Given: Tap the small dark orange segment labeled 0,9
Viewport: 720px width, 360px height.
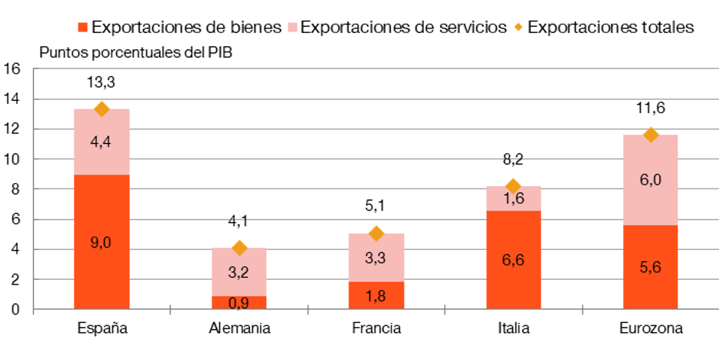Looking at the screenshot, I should (239, 302).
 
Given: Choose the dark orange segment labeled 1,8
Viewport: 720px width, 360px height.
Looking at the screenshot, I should (376, 295).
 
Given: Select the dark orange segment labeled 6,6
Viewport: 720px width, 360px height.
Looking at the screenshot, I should (513, 259).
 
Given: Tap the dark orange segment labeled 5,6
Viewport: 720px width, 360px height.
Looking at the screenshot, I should (651, 267).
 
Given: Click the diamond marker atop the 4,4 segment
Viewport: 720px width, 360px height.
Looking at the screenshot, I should (102, 108).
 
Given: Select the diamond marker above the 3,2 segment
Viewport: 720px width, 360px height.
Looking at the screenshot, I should (239, 247).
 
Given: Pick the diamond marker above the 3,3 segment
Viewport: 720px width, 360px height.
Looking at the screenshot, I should (376, 232).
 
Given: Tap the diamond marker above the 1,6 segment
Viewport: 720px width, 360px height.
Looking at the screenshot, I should (513, 185).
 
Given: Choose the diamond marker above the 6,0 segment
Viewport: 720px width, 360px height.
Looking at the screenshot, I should (651, 134).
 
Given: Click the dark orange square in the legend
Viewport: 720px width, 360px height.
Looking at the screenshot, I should (83, 28).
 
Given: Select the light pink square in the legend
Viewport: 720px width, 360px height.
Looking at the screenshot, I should (292, 28).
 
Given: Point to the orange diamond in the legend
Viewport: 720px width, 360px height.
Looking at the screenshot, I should (518, 27).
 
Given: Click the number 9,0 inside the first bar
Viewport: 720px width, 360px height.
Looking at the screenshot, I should (102, 242).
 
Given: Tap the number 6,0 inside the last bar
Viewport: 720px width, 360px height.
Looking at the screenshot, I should (651, 178).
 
